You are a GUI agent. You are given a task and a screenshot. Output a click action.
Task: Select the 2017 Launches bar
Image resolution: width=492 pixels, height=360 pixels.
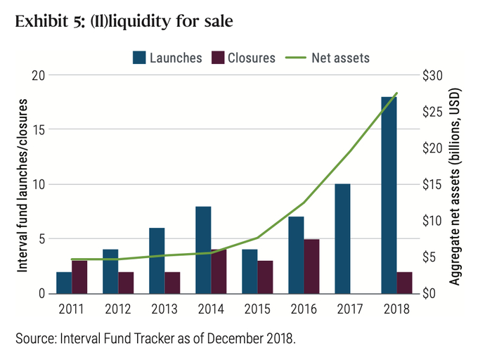342,238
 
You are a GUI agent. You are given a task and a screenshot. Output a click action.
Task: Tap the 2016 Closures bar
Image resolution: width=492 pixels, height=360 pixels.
311,266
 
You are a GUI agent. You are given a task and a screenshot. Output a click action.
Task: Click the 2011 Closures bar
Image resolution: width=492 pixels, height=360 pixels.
79,276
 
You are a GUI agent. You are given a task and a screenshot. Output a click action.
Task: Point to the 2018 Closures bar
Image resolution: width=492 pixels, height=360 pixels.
404,282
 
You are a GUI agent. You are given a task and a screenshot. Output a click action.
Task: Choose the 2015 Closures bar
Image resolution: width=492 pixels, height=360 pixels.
265,276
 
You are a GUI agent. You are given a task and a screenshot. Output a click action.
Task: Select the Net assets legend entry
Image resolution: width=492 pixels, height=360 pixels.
330,58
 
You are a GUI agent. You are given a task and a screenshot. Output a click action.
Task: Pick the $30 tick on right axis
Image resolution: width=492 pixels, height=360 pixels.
430,76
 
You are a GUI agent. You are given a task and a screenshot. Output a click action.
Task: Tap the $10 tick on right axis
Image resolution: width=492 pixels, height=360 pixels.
430,221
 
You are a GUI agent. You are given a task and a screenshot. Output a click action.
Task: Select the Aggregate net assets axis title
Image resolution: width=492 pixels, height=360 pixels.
455,184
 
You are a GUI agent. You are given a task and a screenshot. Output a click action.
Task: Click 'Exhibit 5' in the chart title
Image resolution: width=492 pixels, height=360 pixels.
45,21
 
